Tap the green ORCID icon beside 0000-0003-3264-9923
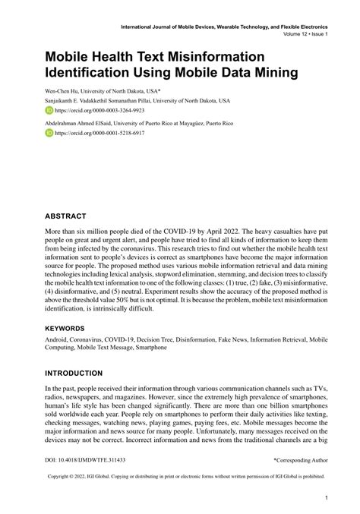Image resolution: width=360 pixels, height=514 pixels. (x=49, y=110)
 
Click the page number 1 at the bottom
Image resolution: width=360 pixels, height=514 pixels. (x=326, y=499)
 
